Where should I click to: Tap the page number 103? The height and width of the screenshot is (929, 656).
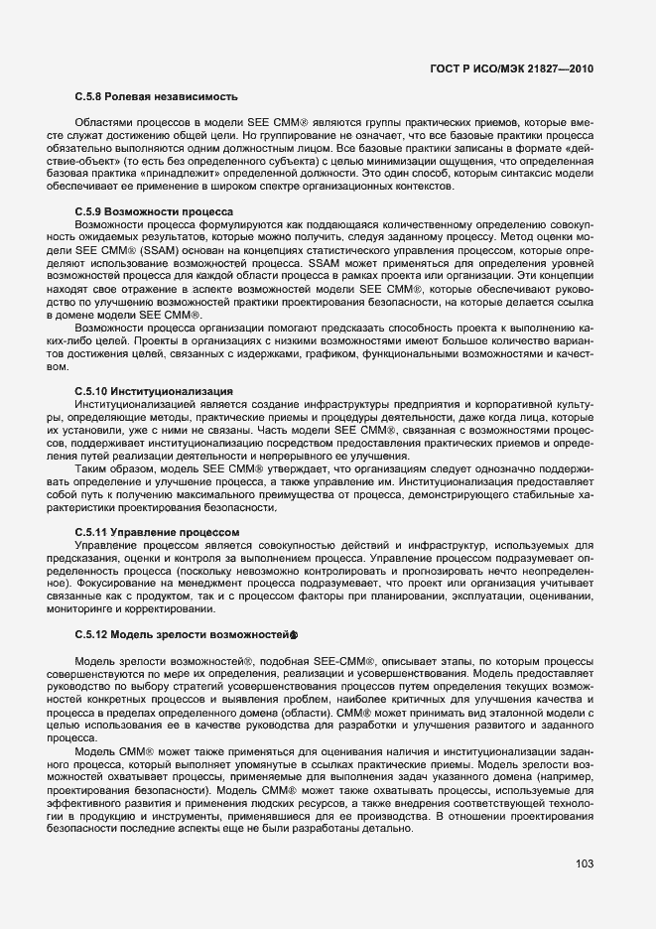tap(584, 863)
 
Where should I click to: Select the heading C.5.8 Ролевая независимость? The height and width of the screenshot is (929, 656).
tap(157, 97)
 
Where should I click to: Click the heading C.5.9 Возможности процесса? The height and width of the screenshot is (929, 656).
tap(154, 211)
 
